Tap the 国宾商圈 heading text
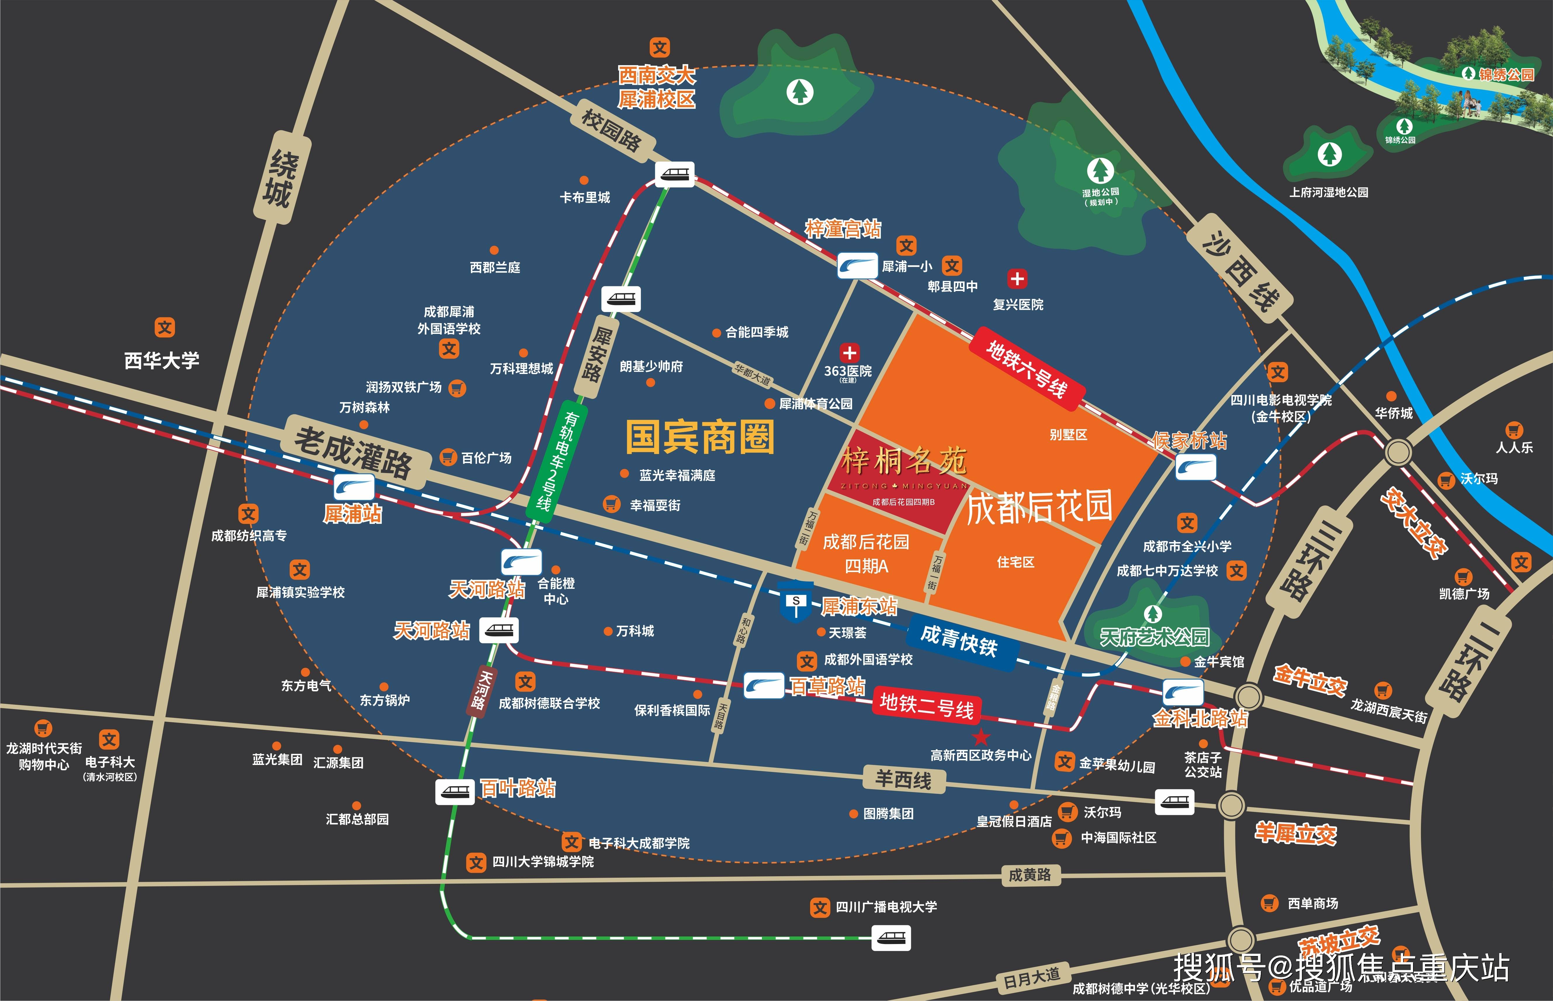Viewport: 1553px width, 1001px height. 700,437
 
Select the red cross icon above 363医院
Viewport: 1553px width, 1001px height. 849,353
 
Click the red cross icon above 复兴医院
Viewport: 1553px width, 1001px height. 1017,279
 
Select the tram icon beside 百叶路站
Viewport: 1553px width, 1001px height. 455,792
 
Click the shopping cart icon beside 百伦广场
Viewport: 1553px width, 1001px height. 448,457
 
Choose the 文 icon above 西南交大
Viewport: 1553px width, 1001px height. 660,47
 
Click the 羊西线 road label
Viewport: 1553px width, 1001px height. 903,779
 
